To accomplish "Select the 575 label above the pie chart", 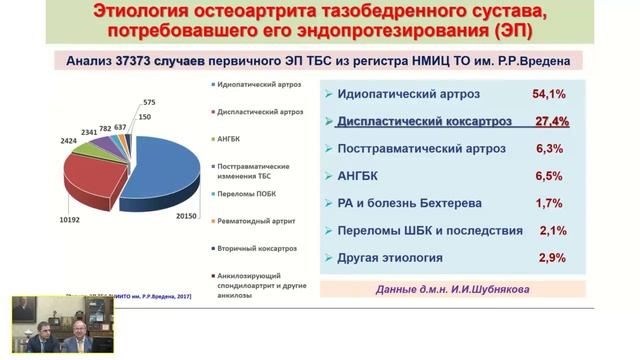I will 149,103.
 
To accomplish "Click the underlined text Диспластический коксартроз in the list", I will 425,121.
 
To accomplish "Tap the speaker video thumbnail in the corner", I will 57,327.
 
